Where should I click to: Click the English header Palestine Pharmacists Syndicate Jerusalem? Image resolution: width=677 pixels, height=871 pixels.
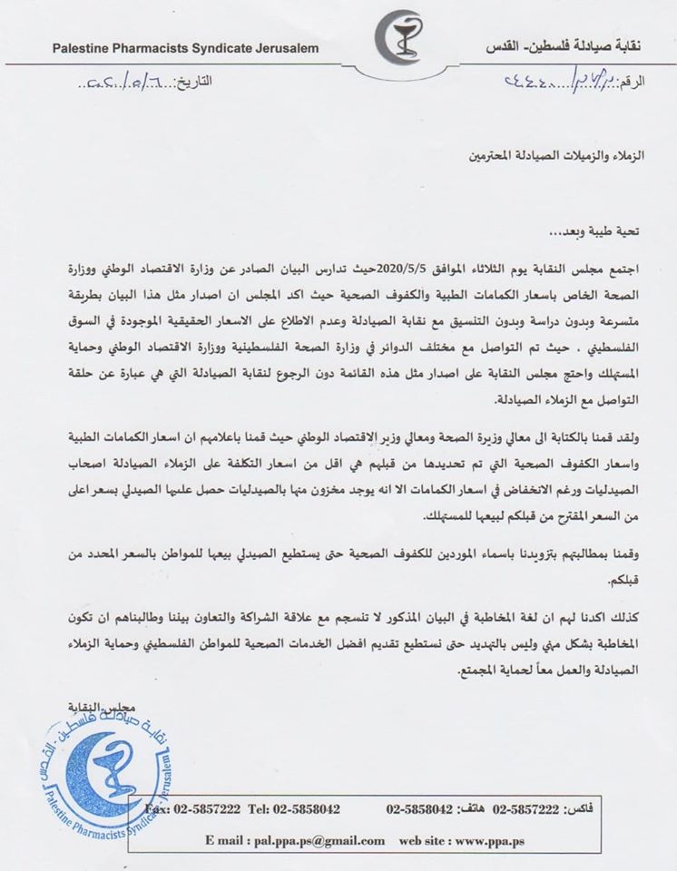[185, 48]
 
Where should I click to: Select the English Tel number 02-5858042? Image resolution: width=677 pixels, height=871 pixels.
[282, 807]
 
